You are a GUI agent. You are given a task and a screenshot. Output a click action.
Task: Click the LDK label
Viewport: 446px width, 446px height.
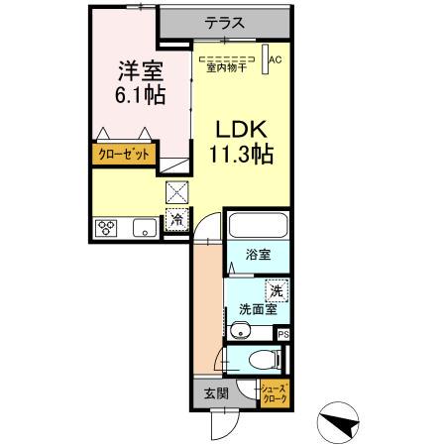[241, 129]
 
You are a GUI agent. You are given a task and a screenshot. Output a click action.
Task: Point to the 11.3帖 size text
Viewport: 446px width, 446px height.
[241, 155]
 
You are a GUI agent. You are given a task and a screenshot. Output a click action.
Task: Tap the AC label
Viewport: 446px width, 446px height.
[277, 58]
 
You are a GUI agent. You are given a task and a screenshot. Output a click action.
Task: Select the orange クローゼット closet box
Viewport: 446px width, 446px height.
[125, 154]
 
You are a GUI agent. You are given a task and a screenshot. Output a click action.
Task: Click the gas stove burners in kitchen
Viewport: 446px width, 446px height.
[107, 228]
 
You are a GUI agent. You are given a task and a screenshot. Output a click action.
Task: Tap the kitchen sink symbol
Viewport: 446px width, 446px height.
[143, 229]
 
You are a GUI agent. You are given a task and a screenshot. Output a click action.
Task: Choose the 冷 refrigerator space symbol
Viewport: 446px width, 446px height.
[176, 219]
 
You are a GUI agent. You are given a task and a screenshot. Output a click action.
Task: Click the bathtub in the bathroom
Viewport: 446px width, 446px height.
[257, 225]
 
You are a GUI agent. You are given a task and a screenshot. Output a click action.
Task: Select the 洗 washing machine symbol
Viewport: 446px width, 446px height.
[279, 291]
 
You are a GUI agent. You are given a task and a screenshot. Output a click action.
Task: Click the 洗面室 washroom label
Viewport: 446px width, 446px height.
[257, 309]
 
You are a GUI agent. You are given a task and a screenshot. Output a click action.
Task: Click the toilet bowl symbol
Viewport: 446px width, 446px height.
[261, 360]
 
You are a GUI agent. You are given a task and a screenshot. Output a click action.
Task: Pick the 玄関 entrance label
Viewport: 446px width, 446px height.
[216, 393]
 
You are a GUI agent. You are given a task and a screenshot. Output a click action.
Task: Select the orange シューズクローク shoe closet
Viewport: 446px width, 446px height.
[276, 392]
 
